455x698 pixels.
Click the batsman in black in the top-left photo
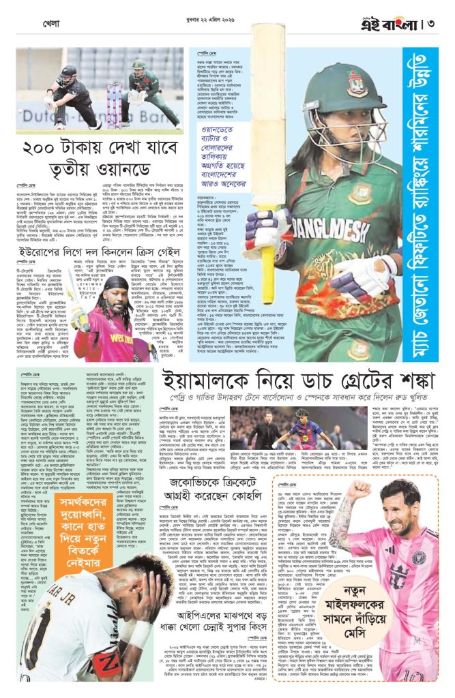tap(65, 95)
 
